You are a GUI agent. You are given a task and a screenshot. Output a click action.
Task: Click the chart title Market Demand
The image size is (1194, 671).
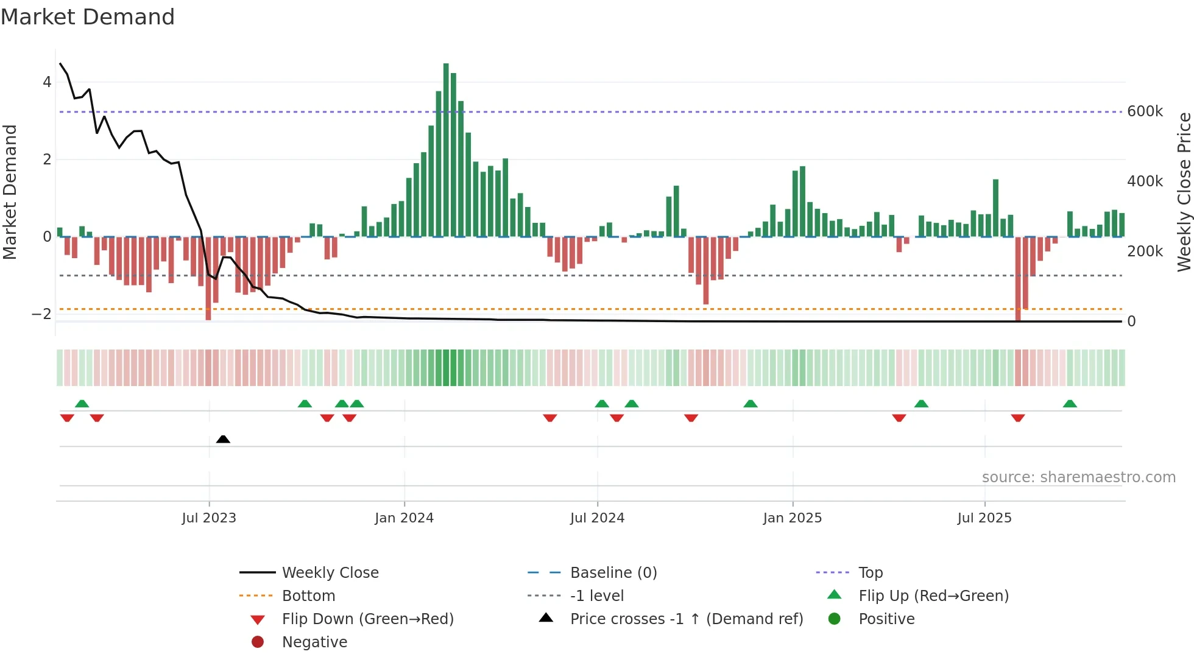tap(88, 17)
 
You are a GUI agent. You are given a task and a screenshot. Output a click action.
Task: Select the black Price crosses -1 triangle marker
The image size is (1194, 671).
tap(223, 439)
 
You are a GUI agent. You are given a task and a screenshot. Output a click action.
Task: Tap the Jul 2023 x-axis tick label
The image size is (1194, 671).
tap(209, 518)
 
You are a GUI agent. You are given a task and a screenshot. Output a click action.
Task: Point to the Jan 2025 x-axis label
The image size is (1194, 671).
tap(792, 518)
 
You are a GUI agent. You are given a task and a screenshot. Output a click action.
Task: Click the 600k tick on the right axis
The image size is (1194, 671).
tap(1145, 111)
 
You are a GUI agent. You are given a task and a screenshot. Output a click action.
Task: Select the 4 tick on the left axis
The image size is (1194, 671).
tap(47, 82)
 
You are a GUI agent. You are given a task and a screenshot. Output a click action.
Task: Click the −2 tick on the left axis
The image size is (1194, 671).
tap(41, 314)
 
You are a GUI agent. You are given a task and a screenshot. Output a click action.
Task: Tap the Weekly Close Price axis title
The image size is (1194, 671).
tap(1184, 192)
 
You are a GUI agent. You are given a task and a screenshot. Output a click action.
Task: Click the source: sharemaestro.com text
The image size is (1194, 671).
tap(1078, 477)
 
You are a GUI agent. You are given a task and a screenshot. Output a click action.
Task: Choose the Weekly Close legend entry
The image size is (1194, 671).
tap(330, 573)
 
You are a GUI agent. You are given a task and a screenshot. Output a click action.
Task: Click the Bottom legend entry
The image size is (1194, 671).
tap(308, 596)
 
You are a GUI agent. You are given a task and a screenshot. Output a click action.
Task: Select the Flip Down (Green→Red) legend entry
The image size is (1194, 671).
tap(367, 619)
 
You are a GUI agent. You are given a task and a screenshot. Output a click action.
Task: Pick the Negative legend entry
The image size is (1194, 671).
tap(314, 642)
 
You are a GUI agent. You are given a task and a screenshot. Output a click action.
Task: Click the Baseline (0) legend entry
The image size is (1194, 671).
tap(613, 573)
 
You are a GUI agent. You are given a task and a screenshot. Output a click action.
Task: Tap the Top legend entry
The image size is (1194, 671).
tap(870, 573)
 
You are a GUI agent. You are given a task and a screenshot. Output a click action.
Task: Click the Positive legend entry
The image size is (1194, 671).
tap(886, 619)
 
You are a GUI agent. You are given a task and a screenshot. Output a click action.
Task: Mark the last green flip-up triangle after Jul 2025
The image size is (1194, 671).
tap(1070, 404)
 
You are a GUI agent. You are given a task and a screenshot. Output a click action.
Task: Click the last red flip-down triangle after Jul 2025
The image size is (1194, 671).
tap(1018, 418)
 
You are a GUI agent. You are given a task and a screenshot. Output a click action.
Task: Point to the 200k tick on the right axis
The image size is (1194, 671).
tap(1145, 251)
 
